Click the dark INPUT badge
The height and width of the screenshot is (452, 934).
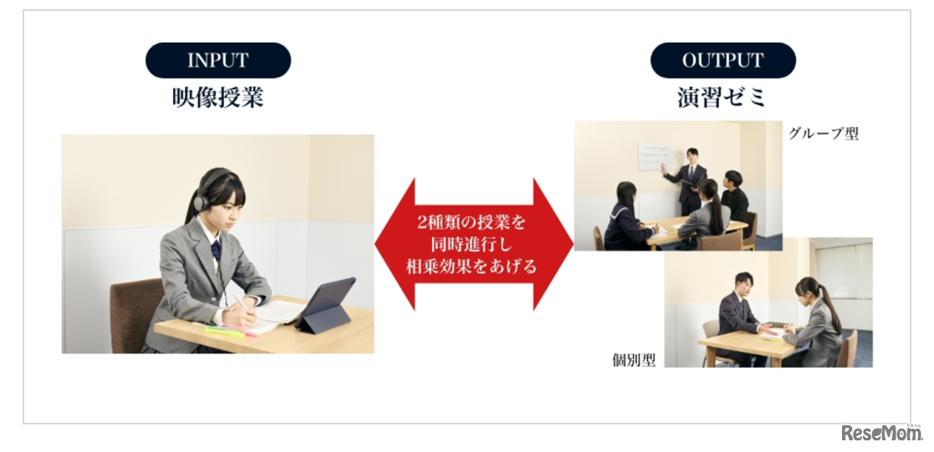point(218,60)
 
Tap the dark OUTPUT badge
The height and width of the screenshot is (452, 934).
point(723,60)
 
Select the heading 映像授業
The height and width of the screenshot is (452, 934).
point(218,98)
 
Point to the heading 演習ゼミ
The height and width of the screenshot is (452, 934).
point(722,98)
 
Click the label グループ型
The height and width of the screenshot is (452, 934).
point(824,134)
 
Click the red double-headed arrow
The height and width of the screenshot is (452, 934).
point(473,244)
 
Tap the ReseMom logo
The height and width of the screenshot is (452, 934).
point(881,433)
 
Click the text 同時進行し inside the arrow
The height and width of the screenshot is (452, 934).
point(473,245)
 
